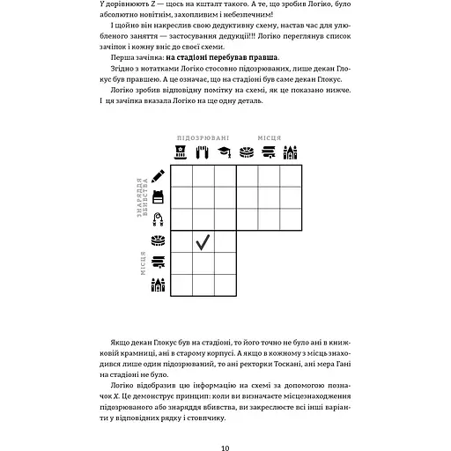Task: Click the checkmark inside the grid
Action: tap(203, 241)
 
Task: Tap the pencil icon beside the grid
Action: tap(159, 176)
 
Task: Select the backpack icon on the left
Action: tap(159, 197)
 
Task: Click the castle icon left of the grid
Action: tap(159, 284)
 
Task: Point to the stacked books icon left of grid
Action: tap(159, 262)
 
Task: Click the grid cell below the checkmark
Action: tap(203, 262)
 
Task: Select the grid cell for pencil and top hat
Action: tap(181, 176)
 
